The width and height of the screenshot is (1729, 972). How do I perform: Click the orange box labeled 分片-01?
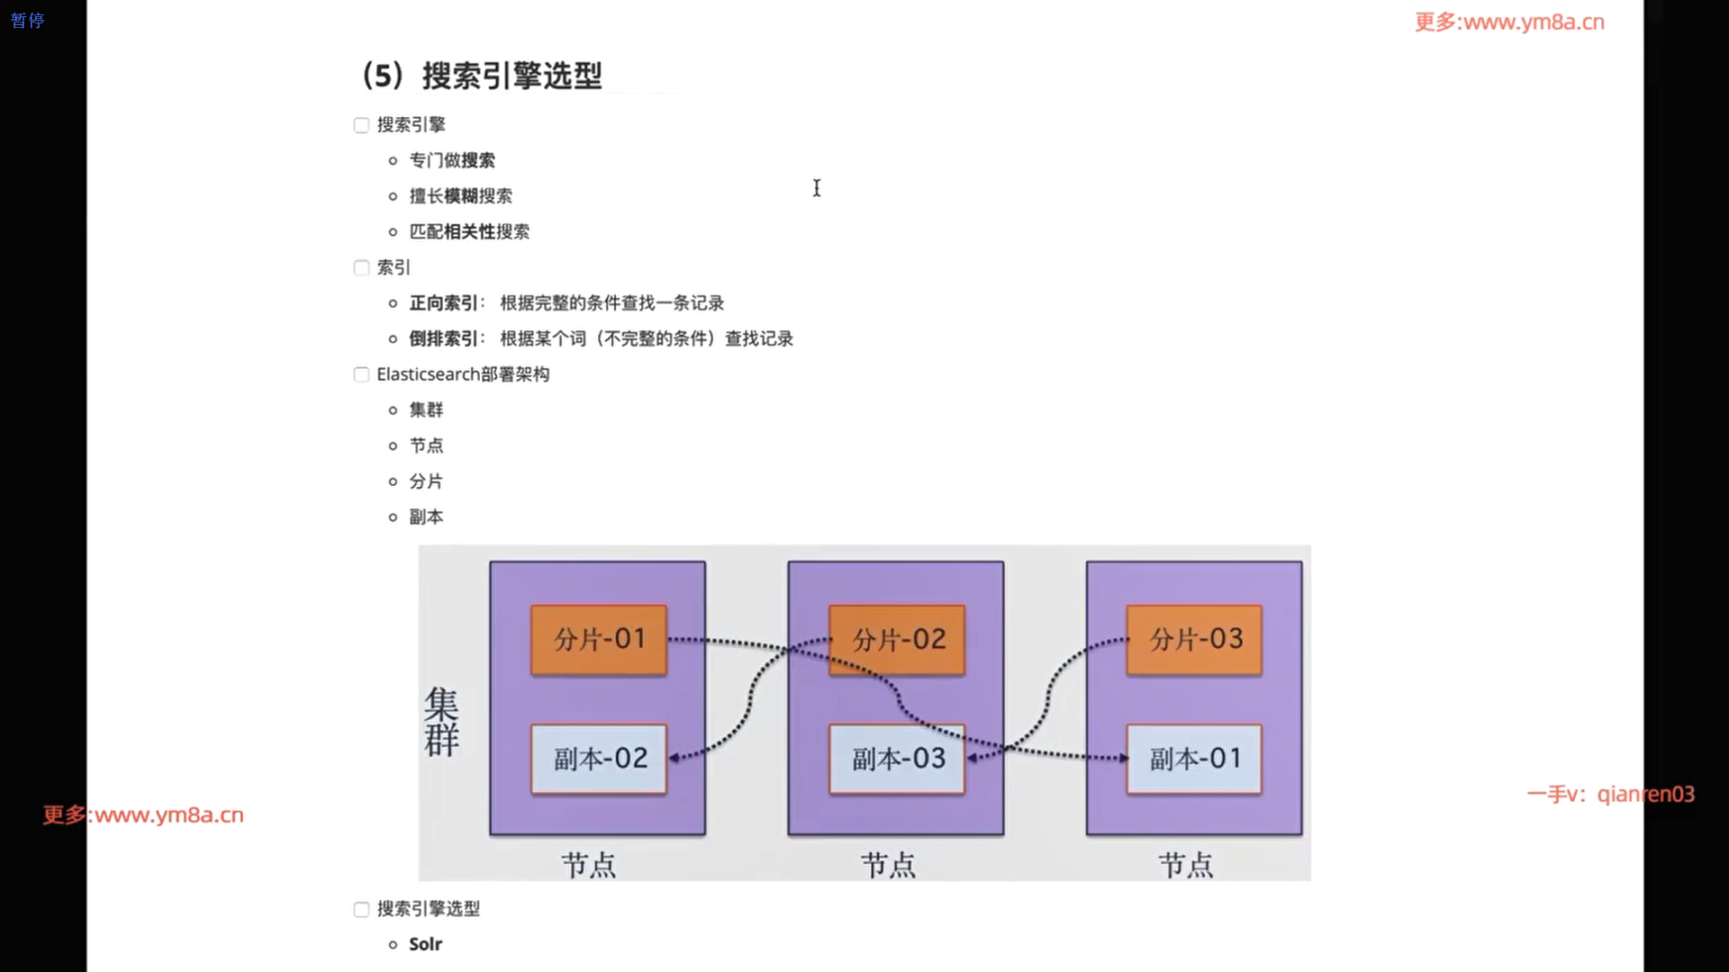click(599, 640)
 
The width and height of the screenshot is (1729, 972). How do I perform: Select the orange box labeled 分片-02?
click(897, 640)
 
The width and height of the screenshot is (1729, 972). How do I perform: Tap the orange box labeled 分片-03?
click(1194, 640)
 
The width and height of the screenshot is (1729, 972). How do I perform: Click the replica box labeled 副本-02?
click(599, 759)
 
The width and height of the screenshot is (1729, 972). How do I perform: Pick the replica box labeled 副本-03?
click(897, 759)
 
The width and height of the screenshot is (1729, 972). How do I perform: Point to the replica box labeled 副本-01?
click(1194, 759)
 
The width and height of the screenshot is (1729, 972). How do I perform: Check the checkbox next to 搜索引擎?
click(361, 125)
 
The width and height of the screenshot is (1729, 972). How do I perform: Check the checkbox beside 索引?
click(361, 267)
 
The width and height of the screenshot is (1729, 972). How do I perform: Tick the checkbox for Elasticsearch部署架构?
click(361, 374)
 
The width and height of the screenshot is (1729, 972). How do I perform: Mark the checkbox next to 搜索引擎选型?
click(361, 909)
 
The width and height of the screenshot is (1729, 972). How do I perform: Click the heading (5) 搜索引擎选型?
click(482, 76)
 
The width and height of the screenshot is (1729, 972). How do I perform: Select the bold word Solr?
click(425, 944)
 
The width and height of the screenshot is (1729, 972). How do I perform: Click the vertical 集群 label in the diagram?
click(441, 722)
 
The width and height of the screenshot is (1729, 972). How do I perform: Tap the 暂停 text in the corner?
click(27, 21)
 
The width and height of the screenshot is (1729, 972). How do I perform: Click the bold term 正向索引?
click(443, 303)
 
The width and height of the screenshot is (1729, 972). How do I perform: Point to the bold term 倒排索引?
click(443, 339)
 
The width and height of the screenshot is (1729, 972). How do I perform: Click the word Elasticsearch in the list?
click(428, 374)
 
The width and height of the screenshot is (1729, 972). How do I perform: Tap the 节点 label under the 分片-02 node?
click(888, 865)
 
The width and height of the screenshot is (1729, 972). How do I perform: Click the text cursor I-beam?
click(817, 188)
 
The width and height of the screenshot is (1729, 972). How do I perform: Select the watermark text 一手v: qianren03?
click(1610, 794)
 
